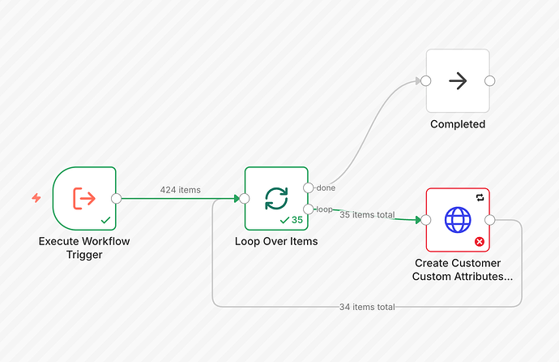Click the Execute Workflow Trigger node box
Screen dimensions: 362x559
pyautogui.click(x=84, y=198)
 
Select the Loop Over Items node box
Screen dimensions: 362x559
pyautogui.click(x=276, y=198)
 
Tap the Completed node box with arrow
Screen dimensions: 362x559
pyautogui.click(x=458, y=80)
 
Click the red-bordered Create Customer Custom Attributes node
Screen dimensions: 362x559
pyautogui.click(x=458, y=219)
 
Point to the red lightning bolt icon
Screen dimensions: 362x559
pyautogui.click(x=36, y=197)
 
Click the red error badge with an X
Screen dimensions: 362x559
pyautogui.click(x=479, y=241)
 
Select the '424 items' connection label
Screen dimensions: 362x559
pyautogui.click(x=180, y=190)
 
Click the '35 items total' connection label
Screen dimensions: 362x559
pyautogui.click(x=368, y=215)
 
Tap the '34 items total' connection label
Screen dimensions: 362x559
pyautogui.click(x=367, y=306)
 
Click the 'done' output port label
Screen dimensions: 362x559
pyautogui.click(x=325, y=188)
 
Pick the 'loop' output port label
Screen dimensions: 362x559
pyautogui.click(x=323, y=209)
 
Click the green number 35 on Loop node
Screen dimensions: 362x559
pyautogui.click(x=297, y=220)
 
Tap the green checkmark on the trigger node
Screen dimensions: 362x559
pyautogui.click(x=105, y=220)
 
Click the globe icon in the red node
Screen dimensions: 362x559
pyautogui.click(x=458, y=219)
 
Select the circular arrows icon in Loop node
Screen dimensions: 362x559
pyautogui.click(x=276, y=198)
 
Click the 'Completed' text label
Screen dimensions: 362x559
pyautogui.click(x=458, y=124)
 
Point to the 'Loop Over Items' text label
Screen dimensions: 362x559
pyautogui.click(x=276, y=241)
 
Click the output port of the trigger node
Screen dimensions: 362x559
pyautogui.click(x=117, y=198)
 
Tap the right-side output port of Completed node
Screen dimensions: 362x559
pyautogui.click(x=489, y=80)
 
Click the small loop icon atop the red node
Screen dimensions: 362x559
pyautogui.click(x=480, y=197)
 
